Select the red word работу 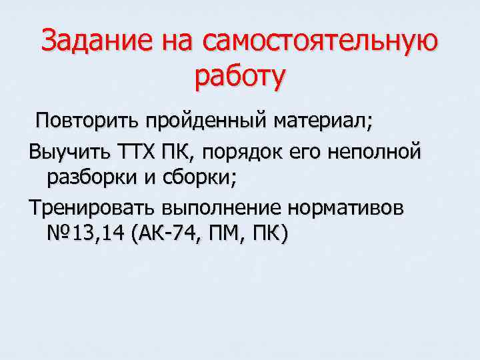(x=240, y=77)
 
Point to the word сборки (x=202, y=178)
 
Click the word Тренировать (x=89, y=207)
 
